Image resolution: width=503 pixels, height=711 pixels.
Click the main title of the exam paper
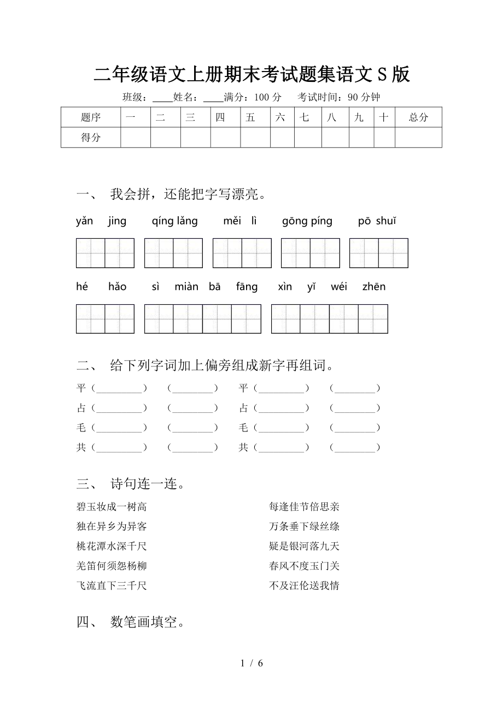(x=251, y=74)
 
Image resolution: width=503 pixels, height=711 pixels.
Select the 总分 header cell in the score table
(x=418, y=117)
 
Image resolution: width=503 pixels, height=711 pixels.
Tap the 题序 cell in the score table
(x=91, y=117)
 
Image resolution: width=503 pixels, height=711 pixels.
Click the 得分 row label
(x=91, y=138)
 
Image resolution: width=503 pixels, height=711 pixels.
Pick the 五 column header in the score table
(x=250, y=117)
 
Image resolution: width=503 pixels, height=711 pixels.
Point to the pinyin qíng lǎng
(x=175, y=221)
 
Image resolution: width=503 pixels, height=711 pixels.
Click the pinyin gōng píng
(x=307, y=221)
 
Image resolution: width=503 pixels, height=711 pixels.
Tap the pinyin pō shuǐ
(x=377, y=221)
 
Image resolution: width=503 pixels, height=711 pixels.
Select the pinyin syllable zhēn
(x=374, y=287)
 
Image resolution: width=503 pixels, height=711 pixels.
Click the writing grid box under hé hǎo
(x=105, y=319)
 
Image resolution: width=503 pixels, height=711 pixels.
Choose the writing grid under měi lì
(x=242, y=253)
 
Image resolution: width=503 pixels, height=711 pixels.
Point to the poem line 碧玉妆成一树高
(x=112, y=507)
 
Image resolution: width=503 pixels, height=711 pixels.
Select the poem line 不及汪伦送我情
(x=305, y=586)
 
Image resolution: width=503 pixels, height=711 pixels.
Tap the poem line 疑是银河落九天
(x=305, y=546)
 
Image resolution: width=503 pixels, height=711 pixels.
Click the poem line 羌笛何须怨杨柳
(x=112, y=566)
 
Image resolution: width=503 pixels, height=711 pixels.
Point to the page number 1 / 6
(x=251, y=663)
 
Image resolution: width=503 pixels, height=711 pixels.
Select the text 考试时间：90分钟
(x=339, y=97)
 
